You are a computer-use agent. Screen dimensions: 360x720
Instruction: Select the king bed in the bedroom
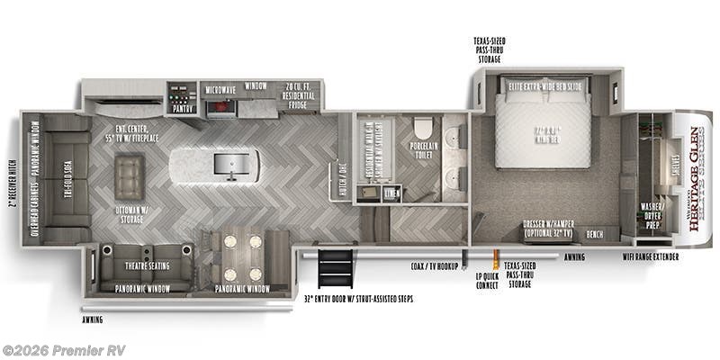546,135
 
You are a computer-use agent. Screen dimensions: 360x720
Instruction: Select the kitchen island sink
225,164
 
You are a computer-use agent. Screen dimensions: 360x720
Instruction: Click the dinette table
242,257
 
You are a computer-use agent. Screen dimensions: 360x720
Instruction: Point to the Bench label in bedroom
594,234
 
